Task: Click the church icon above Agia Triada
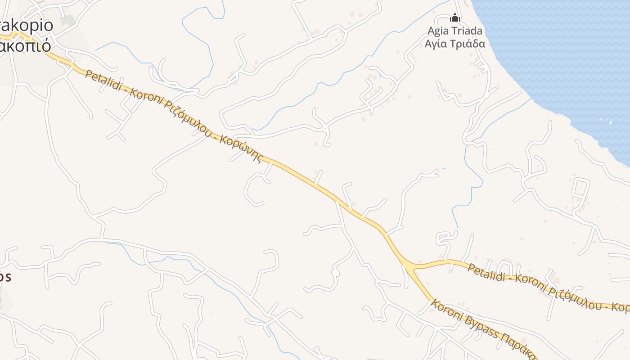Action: click(455, 18)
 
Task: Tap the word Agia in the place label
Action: click(438, 31)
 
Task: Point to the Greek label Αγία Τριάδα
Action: click(455, 44)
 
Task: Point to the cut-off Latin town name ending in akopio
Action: click(27, 25)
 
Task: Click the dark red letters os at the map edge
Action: click(5, 277)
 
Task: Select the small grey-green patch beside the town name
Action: click(67, 20)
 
